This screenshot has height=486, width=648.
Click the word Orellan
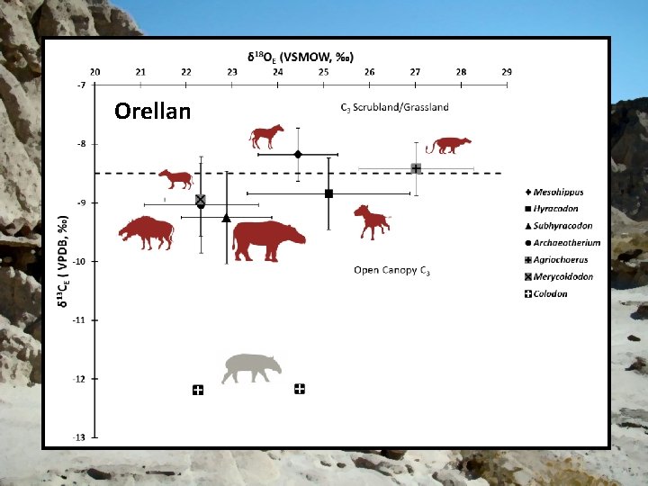(153, 112)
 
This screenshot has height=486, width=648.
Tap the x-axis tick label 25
(324, 71)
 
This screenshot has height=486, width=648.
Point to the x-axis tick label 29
(507, 71)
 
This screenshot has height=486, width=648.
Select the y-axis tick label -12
(80, 379)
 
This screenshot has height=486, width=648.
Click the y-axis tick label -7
(82, 85)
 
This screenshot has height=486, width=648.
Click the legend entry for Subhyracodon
(557, 226)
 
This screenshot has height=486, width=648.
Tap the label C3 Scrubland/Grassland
(394, 107)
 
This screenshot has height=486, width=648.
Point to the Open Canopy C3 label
(391, 270)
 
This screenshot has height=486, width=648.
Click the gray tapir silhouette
(252, 367)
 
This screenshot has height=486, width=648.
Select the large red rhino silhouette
(268, 240)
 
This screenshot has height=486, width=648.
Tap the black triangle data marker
(226, 218)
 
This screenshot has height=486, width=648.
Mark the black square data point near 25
(328, 193)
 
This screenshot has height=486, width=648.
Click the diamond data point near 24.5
(298, 154)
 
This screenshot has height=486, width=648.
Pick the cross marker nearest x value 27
(416, 168)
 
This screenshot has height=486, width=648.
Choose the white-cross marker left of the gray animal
(198, 390)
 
